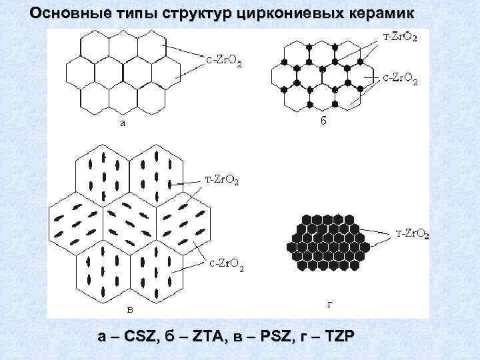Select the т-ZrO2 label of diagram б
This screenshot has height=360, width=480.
[x=399, y=36]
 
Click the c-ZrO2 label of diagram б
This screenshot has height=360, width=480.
[x=399, y=80]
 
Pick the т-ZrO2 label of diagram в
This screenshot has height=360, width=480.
[x=222, y=180]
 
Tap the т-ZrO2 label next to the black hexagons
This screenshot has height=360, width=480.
[x=412, y=234]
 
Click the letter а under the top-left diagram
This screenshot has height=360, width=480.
[x=123, y=123]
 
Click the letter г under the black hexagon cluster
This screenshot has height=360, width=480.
[x=330, y=305]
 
